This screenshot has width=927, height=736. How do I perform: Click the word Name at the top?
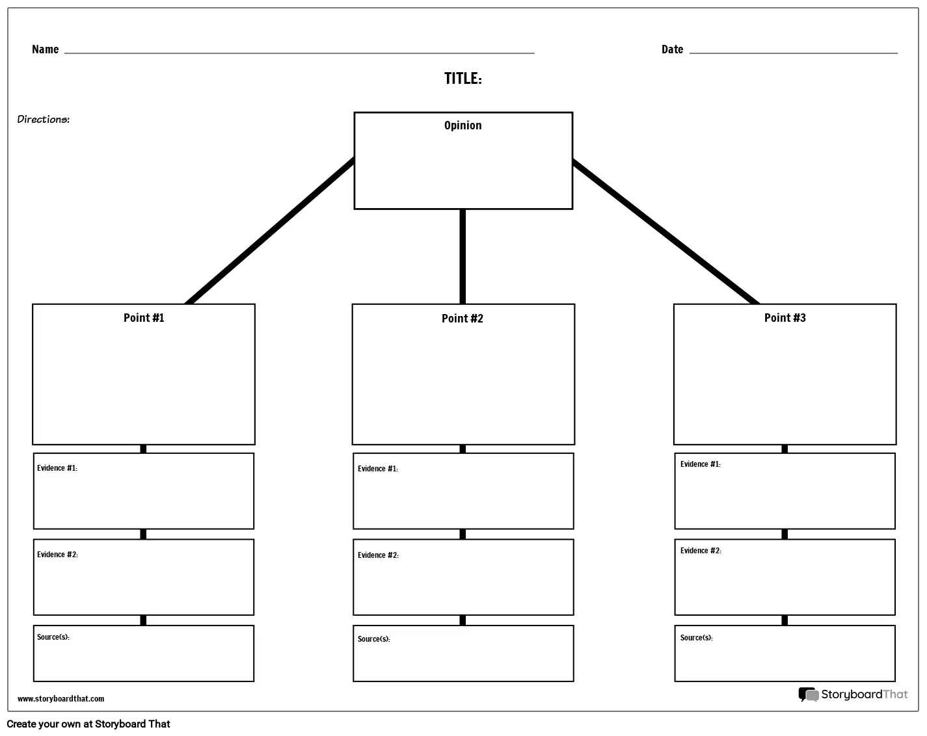pyautogui.click(x=46, y=49)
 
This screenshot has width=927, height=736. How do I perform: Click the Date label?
pyautogui.click(x=672, y=49)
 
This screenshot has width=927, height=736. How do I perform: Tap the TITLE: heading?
pyautogui.click(x=463, y=79)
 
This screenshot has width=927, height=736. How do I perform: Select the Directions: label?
pyautogui.click(x=43, y=119)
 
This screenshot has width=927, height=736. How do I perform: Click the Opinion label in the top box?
pyautogui.click(x=463, y=125)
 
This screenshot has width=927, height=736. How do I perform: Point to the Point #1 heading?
pyautogui.click(x=144, y=318)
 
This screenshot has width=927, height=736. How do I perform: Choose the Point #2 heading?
pyautogui.click(x=463, y=319)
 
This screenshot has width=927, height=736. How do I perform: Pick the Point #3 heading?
pyautogui.click(x=785, y=318)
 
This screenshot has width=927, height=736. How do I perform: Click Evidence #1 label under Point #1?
pyautogui.click(x=57, y=468)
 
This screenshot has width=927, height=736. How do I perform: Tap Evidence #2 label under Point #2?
pyautogui.click(x=378, y=555)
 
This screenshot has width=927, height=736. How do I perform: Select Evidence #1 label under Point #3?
pyautogui.click(x=701, y=464)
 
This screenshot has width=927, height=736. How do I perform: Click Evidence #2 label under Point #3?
pyautogui.click(x=701, y=551)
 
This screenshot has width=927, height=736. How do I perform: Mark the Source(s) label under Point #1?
pyautogui.click(x=53, y=637)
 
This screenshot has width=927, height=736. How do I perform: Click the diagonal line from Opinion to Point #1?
pyautogui.click(x=270, y=231)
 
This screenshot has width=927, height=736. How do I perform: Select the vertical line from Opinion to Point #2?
pyautogui.click(x=463, y=257)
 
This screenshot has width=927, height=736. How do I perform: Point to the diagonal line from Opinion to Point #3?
pyautogui.click(x=666, y=232)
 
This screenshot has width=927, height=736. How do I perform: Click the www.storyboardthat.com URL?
pyautogui.click(x=60, y=699)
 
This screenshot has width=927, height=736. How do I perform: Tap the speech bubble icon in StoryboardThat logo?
pyautogui.click(x=809, y=694)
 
